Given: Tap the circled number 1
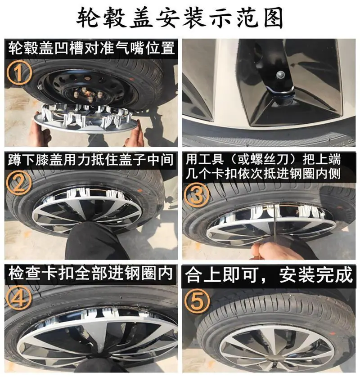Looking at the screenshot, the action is point(19,72).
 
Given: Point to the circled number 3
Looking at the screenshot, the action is point(197,194).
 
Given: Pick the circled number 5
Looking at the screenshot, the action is point(197,301).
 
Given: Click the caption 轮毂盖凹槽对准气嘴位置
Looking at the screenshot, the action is point(91,48).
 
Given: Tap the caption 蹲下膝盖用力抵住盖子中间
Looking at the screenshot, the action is point(90,159).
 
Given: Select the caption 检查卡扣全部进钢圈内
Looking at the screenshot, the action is point(90,273).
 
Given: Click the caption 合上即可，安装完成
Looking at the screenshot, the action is point(269,274).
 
